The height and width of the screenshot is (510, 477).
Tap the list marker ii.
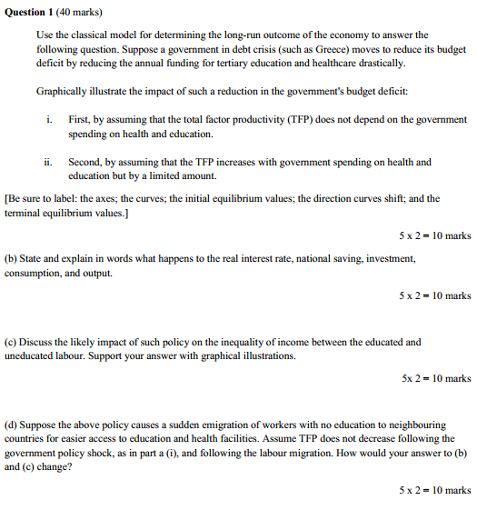47,163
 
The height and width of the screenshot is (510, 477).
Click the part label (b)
13,259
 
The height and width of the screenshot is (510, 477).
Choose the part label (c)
12,342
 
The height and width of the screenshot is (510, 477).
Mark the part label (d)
13,425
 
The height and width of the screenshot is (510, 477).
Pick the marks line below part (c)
434,378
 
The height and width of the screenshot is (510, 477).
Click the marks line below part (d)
434,490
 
